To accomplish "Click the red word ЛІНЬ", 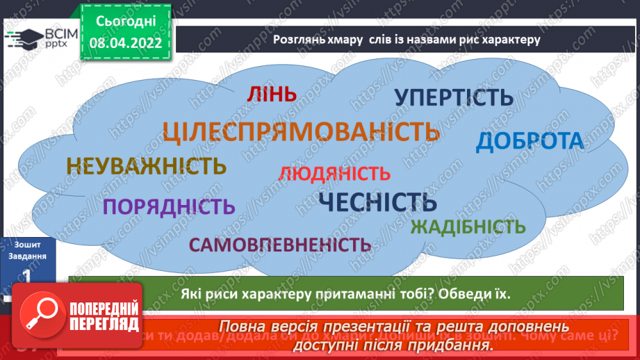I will click(270, 95).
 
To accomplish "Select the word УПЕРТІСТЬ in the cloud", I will click(454, 98).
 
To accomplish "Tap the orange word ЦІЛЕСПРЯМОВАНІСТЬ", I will click(301, 131).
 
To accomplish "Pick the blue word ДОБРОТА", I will click(530, 141).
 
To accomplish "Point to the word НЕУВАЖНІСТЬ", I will click(147, 167).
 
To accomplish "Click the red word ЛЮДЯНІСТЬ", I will click(334, 173).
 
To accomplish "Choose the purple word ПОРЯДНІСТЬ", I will click(169, 206).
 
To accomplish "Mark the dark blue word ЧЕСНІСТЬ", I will click(377, 202).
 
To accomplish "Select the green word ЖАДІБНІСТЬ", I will click(468, 227).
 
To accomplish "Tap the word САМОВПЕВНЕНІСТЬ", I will click(279, 244).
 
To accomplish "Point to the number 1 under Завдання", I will click(27, 276).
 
